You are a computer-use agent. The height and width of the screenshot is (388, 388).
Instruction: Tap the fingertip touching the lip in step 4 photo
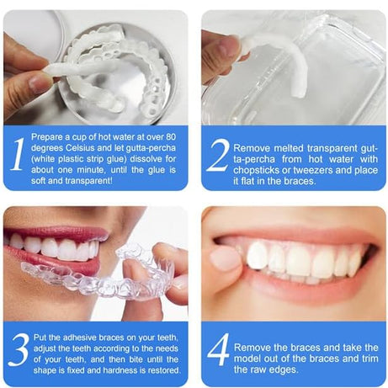(x=226, y=258)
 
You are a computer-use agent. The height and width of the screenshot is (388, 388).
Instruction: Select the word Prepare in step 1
(x=48, y=134)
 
